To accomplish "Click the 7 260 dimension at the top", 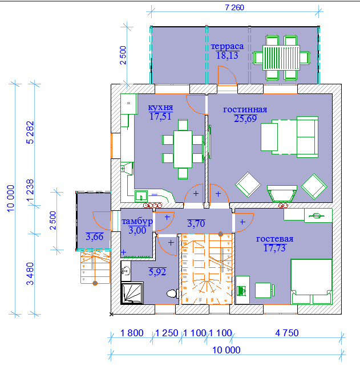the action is coord(234,7).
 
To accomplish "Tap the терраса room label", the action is coord(227,46).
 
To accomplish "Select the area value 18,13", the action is coord(227,55).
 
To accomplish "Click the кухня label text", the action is coord(160,107).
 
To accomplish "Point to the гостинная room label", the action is coord(245,109).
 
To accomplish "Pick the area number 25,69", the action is coord(245,119).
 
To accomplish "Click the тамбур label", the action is coord(137,221).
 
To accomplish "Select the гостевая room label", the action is coord(274,239).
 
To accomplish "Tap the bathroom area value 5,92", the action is coord(157,272).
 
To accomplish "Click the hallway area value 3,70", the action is coord(196,223).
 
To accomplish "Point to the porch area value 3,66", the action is coord(95,236).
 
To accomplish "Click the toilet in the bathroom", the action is coord(172,293).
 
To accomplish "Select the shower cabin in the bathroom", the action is coord(132,293).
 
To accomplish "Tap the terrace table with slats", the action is coord(281,58).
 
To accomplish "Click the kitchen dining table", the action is coord(183,149).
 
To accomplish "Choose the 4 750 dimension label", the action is coord(287,333).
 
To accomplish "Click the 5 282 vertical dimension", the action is coord(30,132).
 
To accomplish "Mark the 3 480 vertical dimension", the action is coord(30,274).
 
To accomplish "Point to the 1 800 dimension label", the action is coord(132,333).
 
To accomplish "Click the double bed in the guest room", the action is coord(312,282).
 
